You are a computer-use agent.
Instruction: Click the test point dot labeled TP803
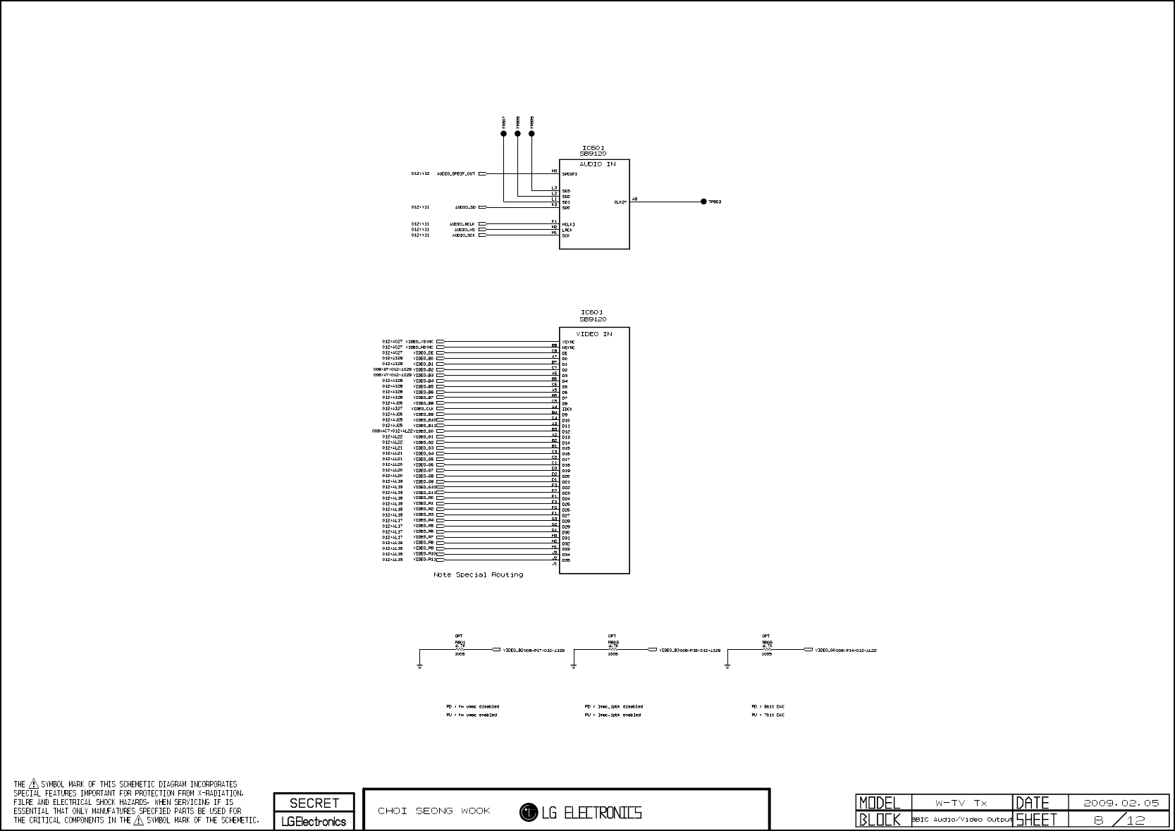[x=703, y=202]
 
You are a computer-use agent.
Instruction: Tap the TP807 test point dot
[x=503, y=133]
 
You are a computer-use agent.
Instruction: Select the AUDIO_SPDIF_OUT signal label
[x=456, y=173]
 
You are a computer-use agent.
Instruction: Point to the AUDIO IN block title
[x=597, y=164]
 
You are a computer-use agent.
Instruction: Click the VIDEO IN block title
[x=593, y=334]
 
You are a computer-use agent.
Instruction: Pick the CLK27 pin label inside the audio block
[x=620, y=202]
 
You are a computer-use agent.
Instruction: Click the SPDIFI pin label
[x=570, y=174]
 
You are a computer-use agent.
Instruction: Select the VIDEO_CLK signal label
[x=423, y=409]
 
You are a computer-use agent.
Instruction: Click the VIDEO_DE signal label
[x=424, y=353]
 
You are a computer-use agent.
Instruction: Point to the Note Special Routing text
[x=478, y=575]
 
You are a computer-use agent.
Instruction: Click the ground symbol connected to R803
[x=574, y=665]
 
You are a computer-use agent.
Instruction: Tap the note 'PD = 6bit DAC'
[x=768, y=706]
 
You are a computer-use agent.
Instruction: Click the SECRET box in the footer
[x=314, y=803]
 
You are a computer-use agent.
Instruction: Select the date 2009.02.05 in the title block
[x=1121, y=803]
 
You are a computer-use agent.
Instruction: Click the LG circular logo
[x=529, y=813]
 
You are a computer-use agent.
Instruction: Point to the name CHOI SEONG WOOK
[x=434, y=811]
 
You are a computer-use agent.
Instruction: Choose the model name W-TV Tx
[x=961, y=803]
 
